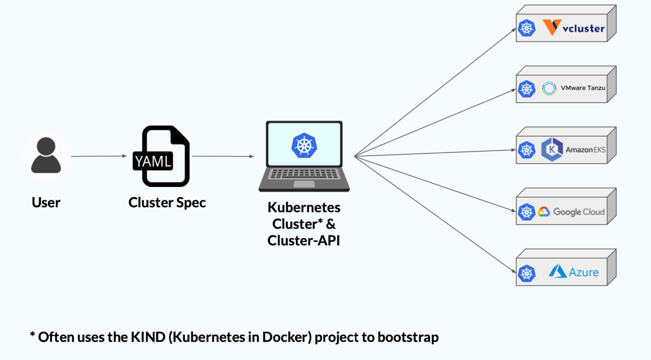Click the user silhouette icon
tap(46, 156)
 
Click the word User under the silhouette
tap(46, 203)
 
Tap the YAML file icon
tap(163, 156)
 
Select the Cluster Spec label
tap(167, 203)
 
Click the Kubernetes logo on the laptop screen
tap(304, 145)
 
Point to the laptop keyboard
tap(304, 174)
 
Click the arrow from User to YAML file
tap(98, 156)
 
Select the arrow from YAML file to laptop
tap(223, 156)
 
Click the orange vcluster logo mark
tap(552, 27)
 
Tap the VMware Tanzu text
tap(583, 88)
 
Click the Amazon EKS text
tap(585, 150)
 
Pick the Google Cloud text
tap(579, 212)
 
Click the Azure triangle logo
tap(557, 271)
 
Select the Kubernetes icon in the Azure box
tap(526, 273)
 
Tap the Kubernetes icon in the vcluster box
tap(526, 28)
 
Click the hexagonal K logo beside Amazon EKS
tap(552, 149)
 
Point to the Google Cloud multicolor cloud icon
tap(544, 212)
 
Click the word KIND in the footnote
tap(148, 337)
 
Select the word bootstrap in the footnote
tap(408, 337)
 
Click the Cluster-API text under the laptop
tap(303, 240)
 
